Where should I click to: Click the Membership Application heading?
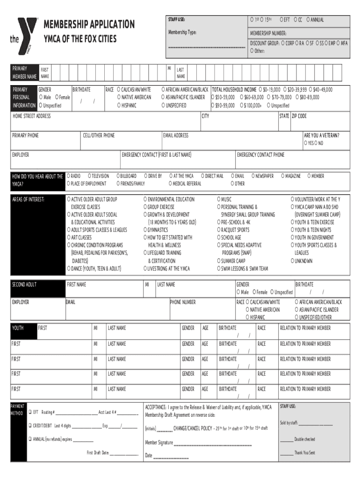pyautogui.click(x=89, y=24)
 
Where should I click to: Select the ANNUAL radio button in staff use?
pyautogui.click(x=309, y=20)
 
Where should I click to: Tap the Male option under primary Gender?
pyautogui.click(x=41, y=97)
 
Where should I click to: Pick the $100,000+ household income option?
pyautogui.click(x=241, y=106)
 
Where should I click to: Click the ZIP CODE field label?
pyautogui.click(x=299, y=116)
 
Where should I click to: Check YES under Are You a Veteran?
pyautogui.click(x=306, y=143)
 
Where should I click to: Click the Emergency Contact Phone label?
pyautogui.click(x=260, y=155)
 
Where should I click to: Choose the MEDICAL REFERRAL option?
pyautogui.click(x=171, y=184)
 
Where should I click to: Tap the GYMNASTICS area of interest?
pyautogui.click(x=145, y=230)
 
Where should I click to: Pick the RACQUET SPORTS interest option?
pyautogui.click(x=218, y=230)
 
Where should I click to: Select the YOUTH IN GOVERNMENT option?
pyautogui.click(x=292, y=238)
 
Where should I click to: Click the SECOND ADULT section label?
pyautogui.click(x=24, y=284)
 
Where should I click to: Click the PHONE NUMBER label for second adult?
pyautogui.click(x=183, y=302)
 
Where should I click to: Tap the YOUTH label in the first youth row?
pyautogui.click(x=18, y=328)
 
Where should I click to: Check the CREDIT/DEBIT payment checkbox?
pyautogui.click(x=30, y=426)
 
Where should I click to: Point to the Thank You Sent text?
pyautogui.click(x=304, y=453)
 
